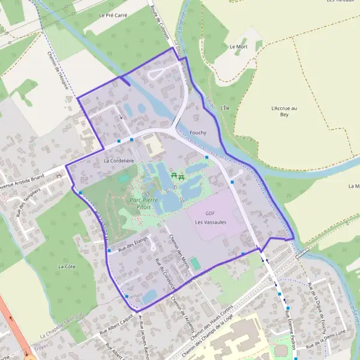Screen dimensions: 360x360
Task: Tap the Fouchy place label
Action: [x=197, y=132]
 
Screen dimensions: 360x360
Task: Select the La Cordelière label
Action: [x=116, y=161]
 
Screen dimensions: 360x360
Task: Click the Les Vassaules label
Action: [x=211, y=222]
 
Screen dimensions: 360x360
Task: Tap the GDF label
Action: [x=210, y=213]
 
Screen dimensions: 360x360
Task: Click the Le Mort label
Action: [x=238, y=46]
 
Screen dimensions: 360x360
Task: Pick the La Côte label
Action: [x=67, y=265]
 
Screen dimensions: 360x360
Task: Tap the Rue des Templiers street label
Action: [x=28, y=202]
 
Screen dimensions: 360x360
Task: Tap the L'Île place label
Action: [x=225, y=107]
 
